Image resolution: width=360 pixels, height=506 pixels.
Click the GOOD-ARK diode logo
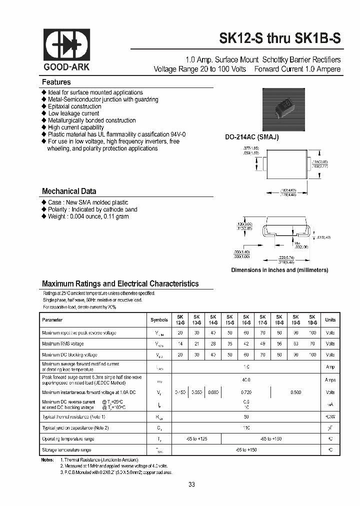point(67,45)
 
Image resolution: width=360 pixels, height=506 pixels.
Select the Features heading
point(56,82)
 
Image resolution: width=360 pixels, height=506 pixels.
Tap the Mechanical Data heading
point(69,191)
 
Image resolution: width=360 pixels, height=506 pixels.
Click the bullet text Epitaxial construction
point(74,106)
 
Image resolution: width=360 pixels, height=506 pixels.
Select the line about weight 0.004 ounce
point(88,216)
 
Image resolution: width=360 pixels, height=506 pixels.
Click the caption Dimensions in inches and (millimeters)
point(279,270)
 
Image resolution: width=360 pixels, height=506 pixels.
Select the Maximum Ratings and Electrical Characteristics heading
point(120,283)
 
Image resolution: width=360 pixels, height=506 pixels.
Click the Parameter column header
point(52,320)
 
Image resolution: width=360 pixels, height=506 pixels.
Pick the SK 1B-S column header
point(312,320)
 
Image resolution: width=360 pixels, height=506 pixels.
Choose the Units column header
point(330,320)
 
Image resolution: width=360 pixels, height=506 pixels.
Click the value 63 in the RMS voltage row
point(296,344)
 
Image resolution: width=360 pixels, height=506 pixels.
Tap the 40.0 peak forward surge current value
point(246,380)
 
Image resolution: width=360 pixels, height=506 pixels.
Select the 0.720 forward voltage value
point(246,392)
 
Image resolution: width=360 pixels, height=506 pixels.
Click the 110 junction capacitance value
point(246,428)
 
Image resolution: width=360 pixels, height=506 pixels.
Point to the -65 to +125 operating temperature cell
point(196,439)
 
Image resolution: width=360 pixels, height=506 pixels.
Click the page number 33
point(192,484)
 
